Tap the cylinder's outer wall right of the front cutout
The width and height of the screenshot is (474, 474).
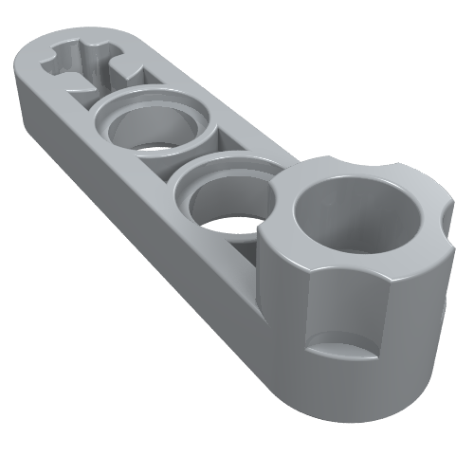408,303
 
